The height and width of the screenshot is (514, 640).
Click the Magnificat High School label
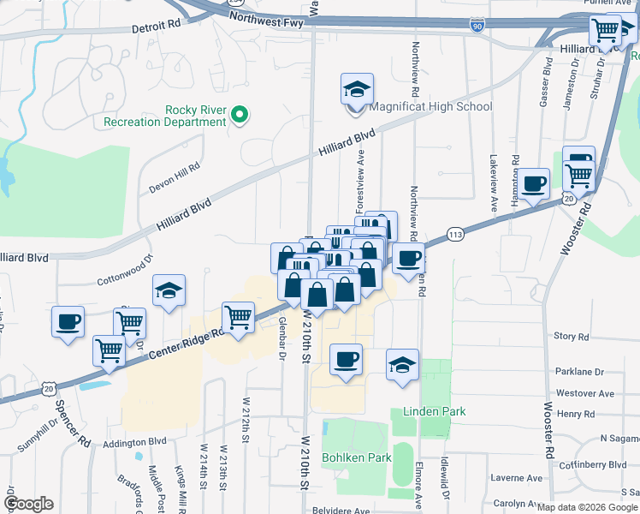click(430, 107)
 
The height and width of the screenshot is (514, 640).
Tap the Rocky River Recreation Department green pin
click(240, 114)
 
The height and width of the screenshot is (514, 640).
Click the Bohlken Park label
click(356, 457)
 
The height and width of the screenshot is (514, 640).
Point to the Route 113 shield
click(454, 235)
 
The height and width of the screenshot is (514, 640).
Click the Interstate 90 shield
click(477, 27)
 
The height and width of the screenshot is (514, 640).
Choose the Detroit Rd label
click(157, 27)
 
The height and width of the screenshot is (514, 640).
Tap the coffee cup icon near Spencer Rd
click(68, 322)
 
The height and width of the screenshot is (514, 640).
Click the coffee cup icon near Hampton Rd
click(534, 183)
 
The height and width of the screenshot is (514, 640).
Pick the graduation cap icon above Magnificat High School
click(357, 88)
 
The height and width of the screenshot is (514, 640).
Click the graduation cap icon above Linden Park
click(402, 365)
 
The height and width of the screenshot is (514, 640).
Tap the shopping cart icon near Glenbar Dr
click(238, 317)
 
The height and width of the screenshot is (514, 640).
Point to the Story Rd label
click(572, 337)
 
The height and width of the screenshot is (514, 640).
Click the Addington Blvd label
click(134, 442)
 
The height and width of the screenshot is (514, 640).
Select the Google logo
click(28, 504)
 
